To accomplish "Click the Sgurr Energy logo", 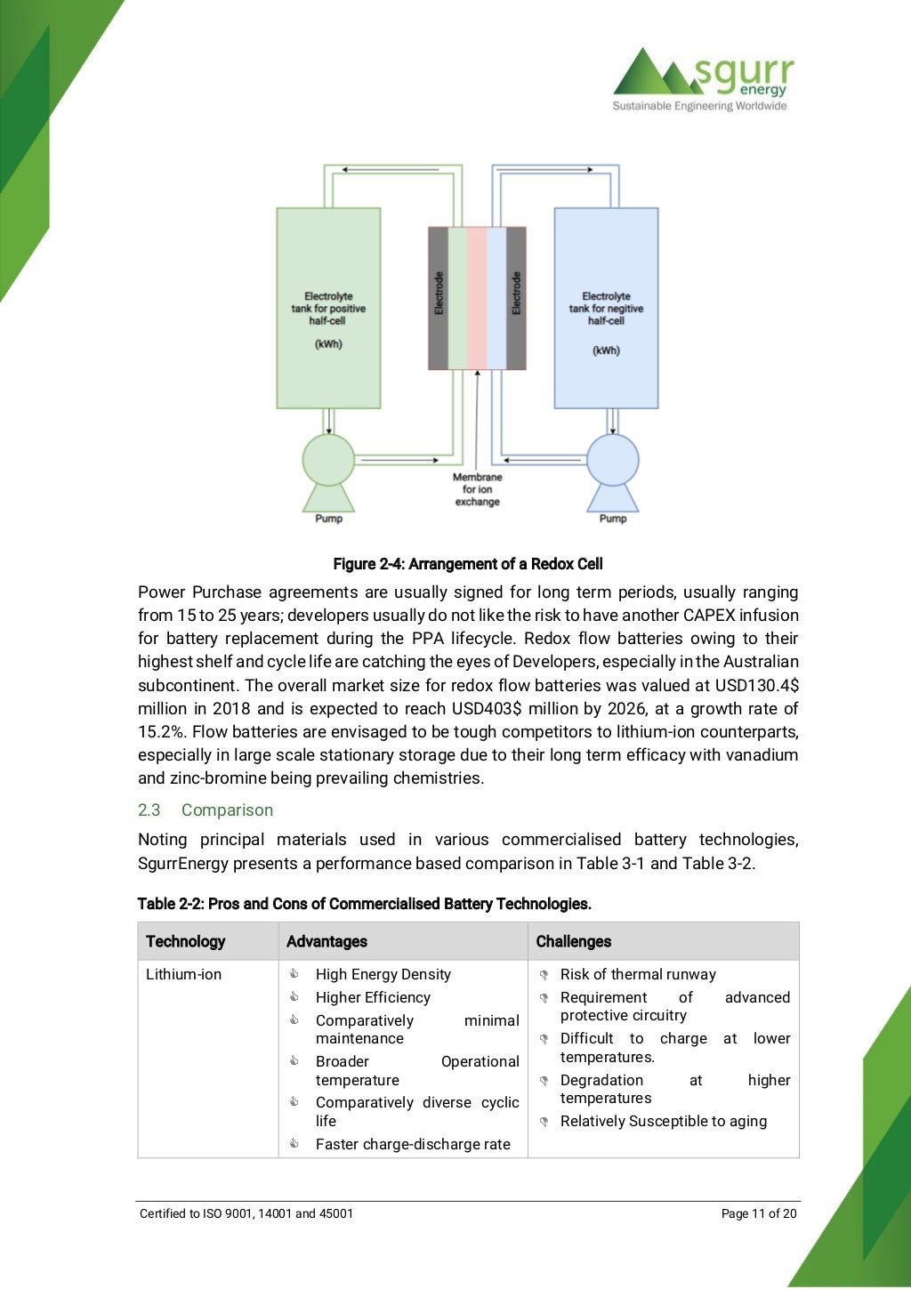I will click(702, 78).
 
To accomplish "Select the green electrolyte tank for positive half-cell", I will click(328, 308).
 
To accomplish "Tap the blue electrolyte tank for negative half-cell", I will click(606, 308).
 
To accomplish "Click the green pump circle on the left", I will click(328, 460).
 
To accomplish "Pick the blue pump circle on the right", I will click(613, 460).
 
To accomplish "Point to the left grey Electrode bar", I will click(439, 298).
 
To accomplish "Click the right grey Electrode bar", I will click(516, 298).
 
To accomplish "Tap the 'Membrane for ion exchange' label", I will click(478, 489).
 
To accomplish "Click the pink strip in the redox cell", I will click(477, 298).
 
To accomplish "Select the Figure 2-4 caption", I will click(468, 564).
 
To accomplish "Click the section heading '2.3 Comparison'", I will click(206, 810).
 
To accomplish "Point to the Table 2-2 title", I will click(364, 904).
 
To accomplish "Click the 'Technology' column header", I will click(186, 941).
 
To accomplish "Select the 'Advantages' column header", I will click(327, 941).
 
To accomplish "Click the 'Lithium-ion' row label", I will click(183, 975).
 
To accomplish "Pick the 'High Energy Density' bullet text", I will click(383, 975).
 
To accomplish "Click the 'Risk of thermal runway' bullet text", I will click(638, 975).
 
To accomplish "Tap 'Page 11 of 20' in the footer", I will click(759, 1213).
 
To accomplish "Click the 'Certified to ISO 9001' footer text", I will click(246, 1213).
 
